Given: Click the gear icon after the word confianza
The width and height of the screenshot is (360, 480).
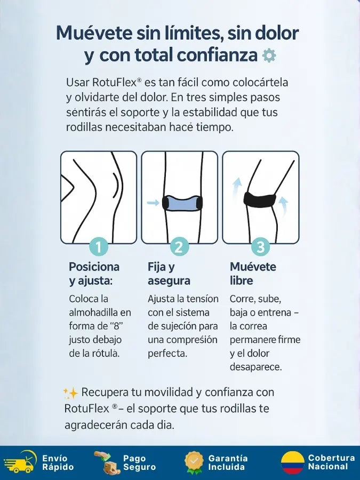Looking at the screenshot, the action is point(269,55).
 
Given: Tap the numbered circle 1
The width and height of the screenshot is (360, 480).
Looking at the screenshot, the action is point(99,246).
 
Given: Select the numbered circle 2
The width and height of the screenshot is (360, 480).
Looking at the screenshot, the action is point(179,246).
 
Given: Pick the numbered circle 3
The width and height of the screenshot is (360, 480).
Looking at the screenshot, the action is point(260,246).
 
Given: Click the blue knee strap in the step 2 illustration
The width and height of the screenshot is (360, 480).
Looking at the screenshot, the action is point(182,203).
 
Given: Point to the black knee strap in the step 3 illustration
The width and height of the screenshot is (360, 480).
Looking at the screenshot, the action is point(260,199).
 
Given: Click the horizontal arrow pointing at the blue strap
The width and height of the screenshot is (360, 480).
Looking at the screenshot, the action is point(153,202).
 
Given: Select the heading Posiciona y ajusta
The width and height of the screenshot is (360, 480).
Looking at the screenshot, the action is point(94,274).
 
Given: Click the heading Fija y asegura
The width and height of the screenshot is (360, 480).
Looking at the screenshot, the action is point(169,274).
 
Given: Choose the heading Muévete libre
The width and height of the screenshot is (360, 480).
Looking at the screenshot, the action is point(253,274).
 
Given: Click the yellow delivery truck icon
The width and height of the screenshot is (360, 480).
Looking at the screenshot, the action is point(20,461).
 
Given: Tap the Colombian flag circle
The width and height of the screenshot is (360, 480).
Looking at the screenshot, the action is point(293,462).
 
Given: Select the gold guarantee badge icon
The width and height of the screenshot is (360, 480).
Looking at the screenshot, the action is point(194,462).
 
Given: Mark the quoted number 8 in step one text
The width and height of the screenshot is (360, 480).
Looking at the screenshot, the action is point(116,326).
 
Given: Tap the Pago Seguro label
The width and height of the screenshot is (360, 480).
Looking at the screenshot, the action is point(139,462).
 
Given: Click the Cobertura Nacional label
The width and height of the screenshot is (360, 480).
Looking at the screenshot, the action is point(332,462).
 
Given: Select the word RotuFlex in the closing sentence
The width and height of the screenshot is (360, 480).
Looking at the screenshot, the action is point(86,409).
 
